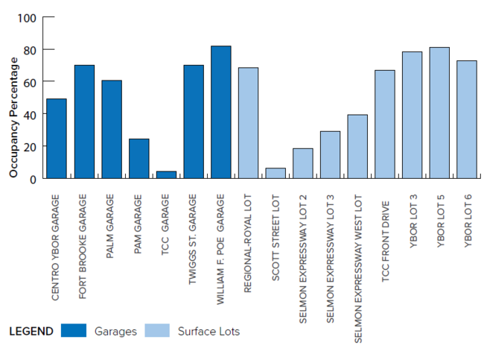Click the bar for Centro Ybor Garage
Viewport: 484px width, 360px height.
pyautogui.click(x=57, y=139)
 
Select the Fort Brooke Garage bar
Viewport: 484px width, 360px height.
pyautogui.click(x=84, y=121)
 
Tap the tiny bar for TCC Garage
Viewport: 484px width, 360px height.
pyautogui.click(x=166, y=174)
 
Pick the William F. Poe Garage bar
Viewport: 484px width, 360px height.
pyautogui.click(x=220, y=113)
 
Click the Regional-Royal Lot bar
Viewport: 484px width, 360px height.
pyautogui.click(x=248, y=123)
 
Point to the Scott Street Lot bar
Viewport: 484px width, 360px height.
pyautogui.click(x=276, y=173)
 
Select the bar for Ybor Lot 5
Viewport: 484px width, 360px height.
pyautogui.click(x=439, y=113)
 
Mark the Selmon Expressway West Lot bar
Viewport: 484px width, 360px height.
pyautogui.click(x=357, y=146)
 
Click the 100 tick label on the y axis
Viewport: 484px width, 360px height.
pyautogui.click(x=27, y=17)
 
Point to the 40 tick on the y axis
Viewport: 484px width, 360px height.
pyautogui.click(x=30, y=114)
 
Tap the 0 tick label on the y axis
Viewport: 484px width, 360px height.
pyautogui.click(x=33, y=179)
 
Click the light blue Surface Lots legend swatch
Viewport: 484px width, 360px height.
pyautogui.click(x=157, y=330)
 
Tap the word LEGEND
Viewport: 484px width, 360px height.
pyautogui.click(x=31, y=331)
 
